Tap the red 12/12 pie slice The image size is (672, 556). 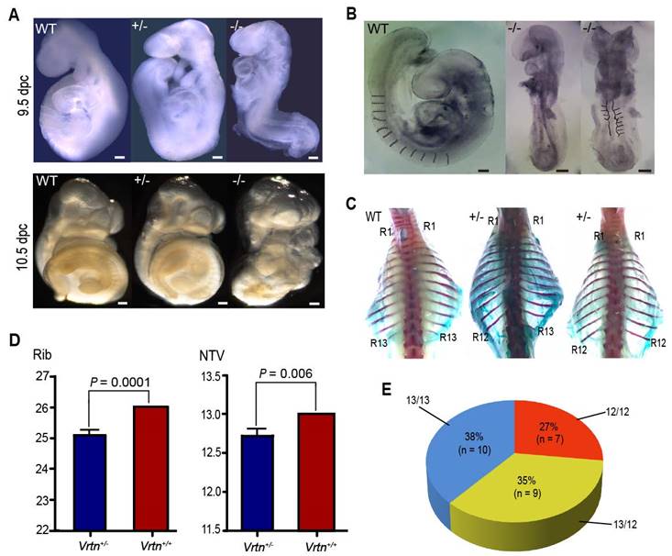[566, 450]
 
